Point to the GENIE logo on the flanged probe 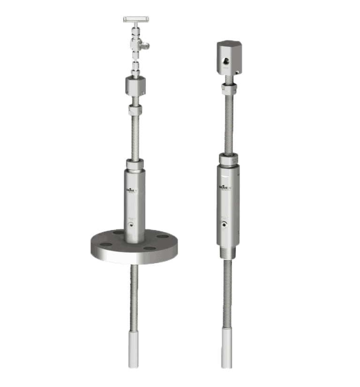(x=132, y=188)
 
